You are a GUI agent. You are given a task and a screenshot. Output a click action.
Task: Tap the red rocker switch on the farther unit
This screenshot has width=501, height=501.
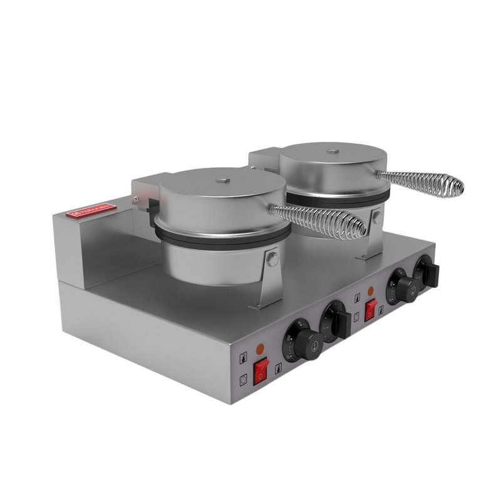(371, 309)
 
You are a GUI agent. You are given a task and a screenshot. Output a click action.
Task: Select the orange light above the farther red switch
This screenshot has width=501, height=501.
(371, 291)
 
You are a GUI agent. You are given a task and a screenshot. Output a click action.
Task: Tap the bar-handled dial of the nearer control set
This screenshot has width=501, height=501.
(336, 321)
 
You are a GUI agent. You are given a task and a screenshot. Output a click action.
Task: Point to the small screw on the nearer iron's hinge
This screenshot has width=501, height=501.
(135, 199)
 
